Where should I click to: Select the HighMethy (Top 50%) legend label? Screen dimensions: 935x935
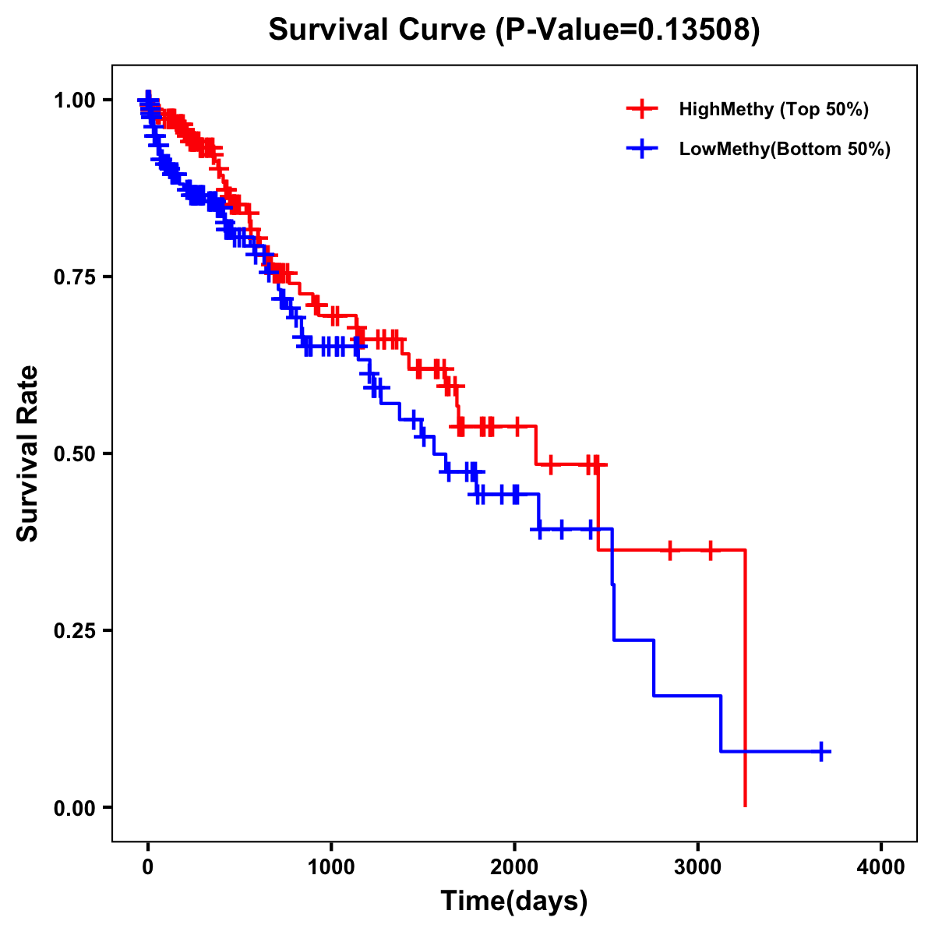[773, 109]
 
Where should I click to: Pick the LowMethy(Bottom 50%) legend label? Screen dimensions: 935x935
[785, 149]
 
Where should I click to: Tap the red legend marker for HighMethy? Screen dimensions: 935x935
[641, 109]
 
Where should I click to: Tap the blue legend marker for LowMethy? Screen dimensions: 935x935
[641, 149]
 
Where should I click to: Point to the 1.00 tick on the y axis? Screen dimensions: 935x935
[74, 100]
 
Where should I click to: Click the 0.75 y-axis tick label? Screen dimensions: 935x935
[74, 277]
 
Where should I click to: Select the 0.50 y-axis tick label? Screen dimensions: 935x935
[74, 453]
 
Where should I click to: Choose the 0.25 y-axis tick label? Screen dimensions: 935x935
[74, 630]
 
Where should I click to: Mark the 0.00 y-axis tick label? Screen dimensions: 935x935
[74, 807]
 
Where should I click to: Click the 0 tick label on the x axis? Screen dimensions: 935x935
[148, 867]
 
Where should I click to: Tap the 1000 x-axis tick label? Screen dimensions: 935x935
[331, 867]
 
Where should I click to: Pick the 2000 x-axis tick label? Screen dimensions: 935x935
[514, 867]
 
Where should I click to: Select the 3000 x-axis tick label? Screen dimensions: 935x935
[698, 867]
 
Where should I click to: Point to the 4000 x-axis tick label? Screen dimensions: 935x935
[881, 867]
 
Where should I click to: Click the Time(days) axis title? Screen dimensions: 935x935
[514, 901]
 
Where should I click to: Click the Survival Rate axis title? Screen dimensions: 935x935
[28, 453]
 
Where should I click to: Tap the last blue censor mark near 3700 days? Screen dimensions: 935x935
[820, 751]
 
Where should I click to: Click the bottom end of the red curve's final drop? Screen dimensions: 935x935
[746, 805]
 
